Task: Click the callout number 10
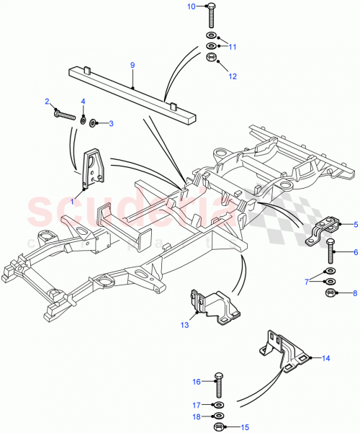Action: click(191, 6)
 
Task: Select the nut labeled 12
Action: click(212, 58)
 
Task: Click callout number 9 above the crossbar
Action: click(132, 66)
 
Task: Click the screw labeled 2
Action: click(63, 113)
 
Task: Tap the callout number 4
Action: click(83, 101)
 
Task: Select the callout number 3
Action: click(112, 124)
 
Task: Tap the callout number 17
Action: click(195, 404)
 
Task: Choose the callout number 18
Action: click(195, 416)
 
